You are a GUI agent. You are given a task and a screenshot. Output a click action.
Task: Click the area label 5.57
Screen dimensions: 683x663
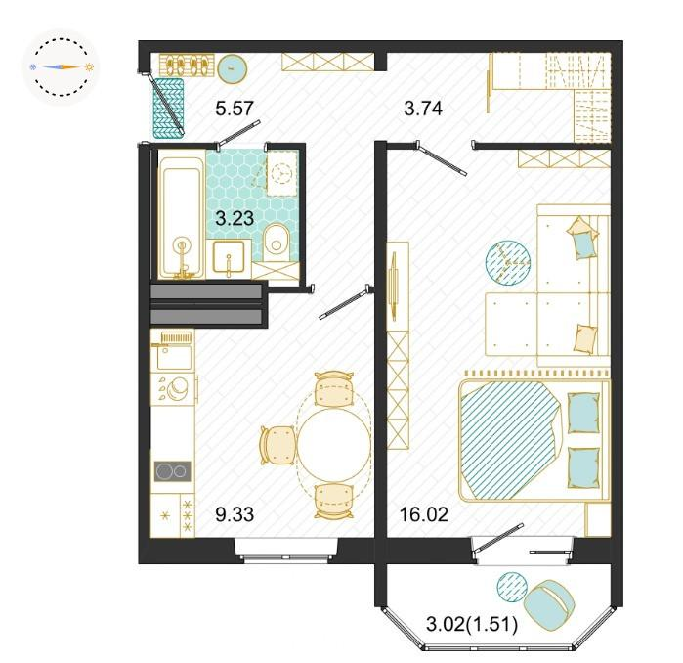point(235,109)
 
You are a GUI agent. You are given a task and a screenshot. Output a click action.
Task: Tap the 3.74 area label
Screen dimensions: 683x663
point(423,109)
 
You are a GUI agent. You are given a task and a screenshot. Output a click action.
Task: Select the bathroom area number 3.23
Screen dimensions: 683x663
point(235,218)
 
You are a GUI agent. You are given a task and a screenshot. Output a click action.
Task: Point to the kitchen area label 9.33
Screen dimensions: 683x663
point(235,514)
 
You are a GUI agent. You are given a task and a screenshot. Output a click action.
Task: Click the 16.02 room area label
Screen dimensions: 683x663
point(424,514)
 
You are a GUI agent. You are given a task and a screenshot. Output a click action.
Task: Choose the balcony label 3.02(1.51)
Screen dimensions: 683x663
point(472,625)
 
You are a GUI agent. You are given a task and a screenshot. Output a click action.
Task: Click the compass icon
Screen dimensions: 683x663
point(61,67)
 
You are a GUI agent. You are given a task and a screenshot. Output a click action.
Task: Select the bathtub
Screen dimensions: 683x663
point(182,217)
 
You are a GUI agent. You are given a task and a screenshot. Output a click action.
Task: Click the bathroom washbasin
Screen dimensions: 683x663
point(228,257)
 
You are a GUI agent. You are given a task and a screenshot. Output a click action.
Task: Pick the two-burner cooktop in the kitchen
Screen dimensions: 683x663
point(173,471)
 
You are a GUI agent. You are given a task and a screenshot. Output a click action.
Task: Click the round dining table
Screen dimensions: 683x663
point(333,445)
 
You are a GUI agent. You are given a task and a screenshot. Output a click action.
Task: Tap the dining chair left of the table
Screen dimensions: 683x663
point(277,445)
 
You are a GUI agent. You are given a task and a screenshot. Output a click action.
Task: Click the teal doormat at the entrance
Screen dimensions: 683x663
point(168,108)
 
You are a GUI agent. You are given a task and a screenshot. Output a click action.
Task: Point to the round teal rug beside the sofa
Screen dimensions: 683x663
point(508,261)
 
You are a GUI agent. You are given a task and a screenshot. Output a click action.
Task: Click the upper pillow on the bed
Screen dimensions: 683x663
point(583,413)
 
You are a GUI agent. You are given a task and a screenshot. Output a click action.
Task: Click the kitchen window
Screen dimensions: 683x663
point(286,551)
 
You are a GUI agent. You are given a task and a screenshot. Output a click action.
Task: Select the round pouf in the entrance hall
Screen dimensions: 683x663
point(233,68)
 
